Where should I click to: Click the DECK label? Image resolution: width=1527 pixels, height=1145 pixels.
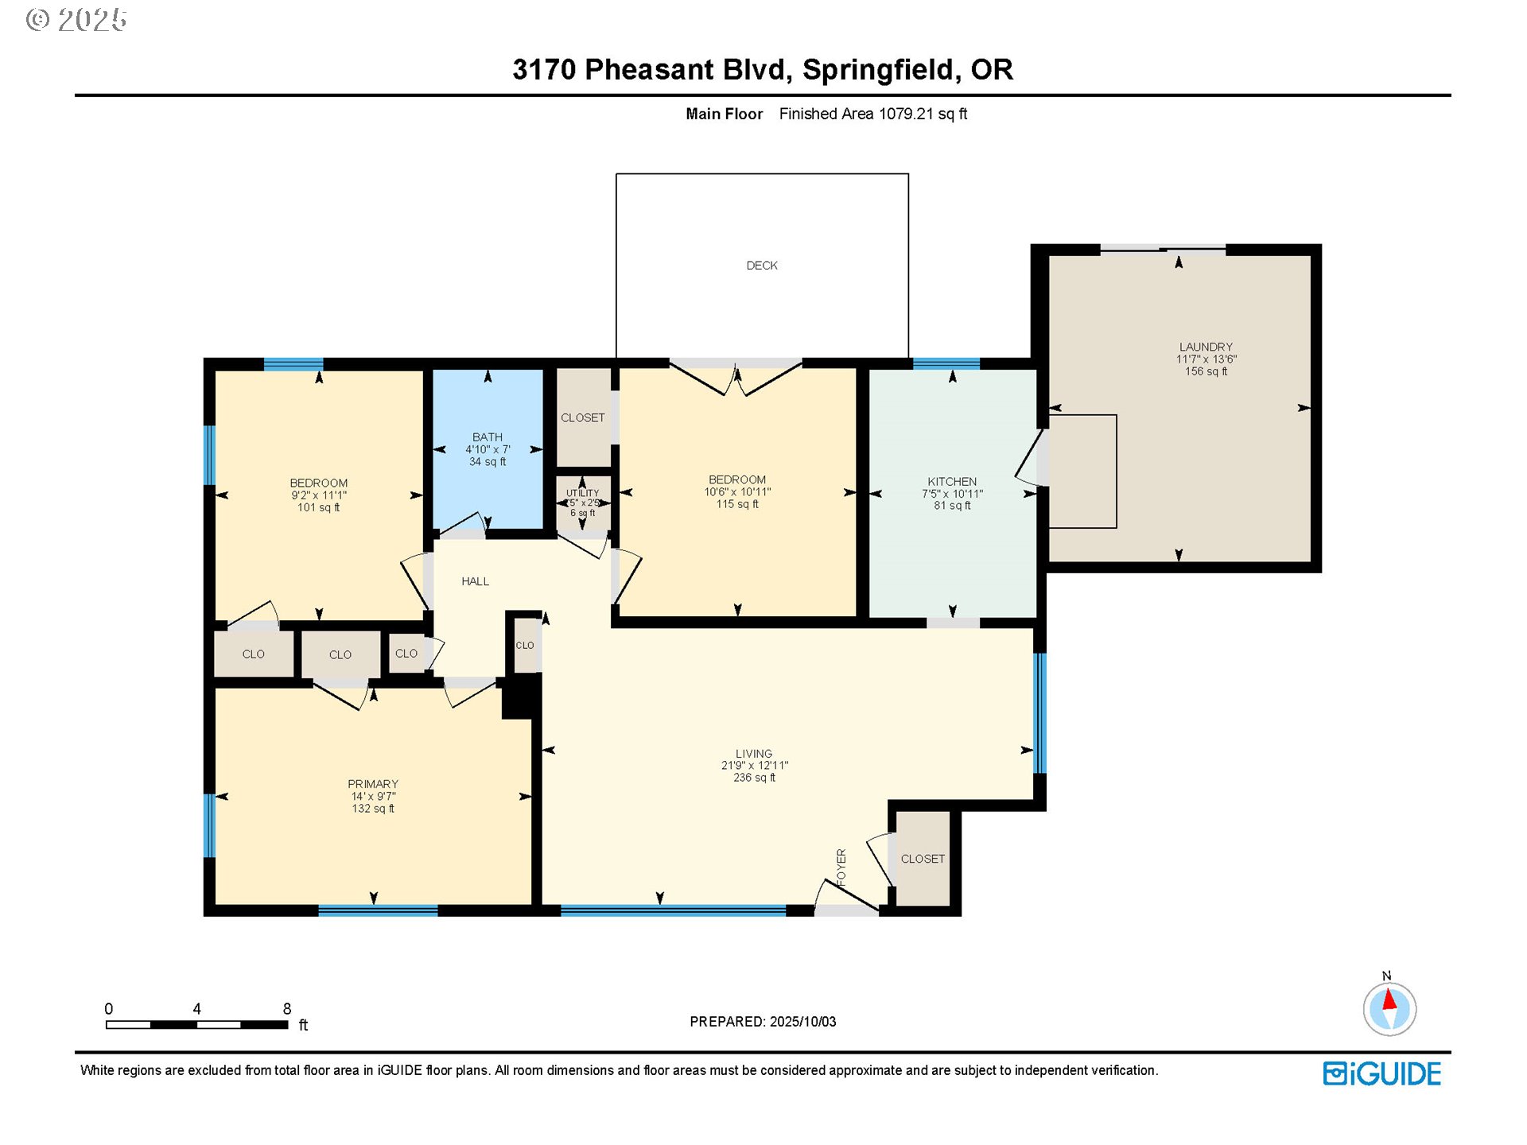761,266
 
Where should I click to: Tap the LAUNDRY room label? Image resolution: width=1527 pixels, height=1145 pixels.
1206,347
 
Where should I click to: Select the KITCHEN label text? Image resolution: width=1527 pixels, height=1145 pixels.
951,482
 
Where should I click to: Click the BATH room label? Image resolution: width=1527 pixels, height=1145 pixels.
488,437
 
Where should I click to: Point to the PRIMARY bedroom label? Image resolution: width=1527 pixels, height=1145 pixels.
373,784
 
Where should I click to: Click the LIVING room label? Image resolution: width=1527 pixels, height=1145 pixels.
753,754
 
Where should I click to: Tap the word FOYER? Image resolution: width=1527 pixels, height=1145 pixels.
841,867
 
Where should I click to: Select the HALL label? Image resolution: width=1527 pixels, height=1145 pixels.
475,581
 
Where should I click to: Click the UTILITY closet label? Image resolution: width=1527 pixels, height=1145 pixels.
582,494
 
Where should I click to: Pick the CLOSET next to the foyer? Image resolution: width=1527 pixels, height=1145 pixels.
923,859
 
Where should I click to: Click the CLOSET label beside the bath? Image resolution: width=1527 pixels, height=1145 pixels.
582,417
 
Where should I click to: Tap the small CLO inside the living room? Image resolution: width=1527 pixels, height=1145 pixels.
525,645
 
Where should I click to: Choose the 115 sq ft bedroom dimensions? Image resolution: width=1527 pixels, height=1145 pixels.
737,492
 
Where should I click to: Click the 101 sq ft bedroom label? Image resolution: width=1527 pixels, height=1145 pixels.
318,495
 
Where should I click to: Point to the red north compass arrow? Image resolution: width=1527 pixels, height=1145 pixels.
1389,999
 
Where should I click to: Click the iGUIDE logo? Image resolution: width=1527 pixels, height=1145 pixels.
1381,1073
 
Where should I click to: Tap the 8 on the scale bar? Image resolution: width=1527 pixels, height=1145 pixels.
287,1008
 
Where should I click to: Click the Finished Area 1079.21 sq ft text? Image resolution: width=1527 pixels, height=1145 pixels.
872,114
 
